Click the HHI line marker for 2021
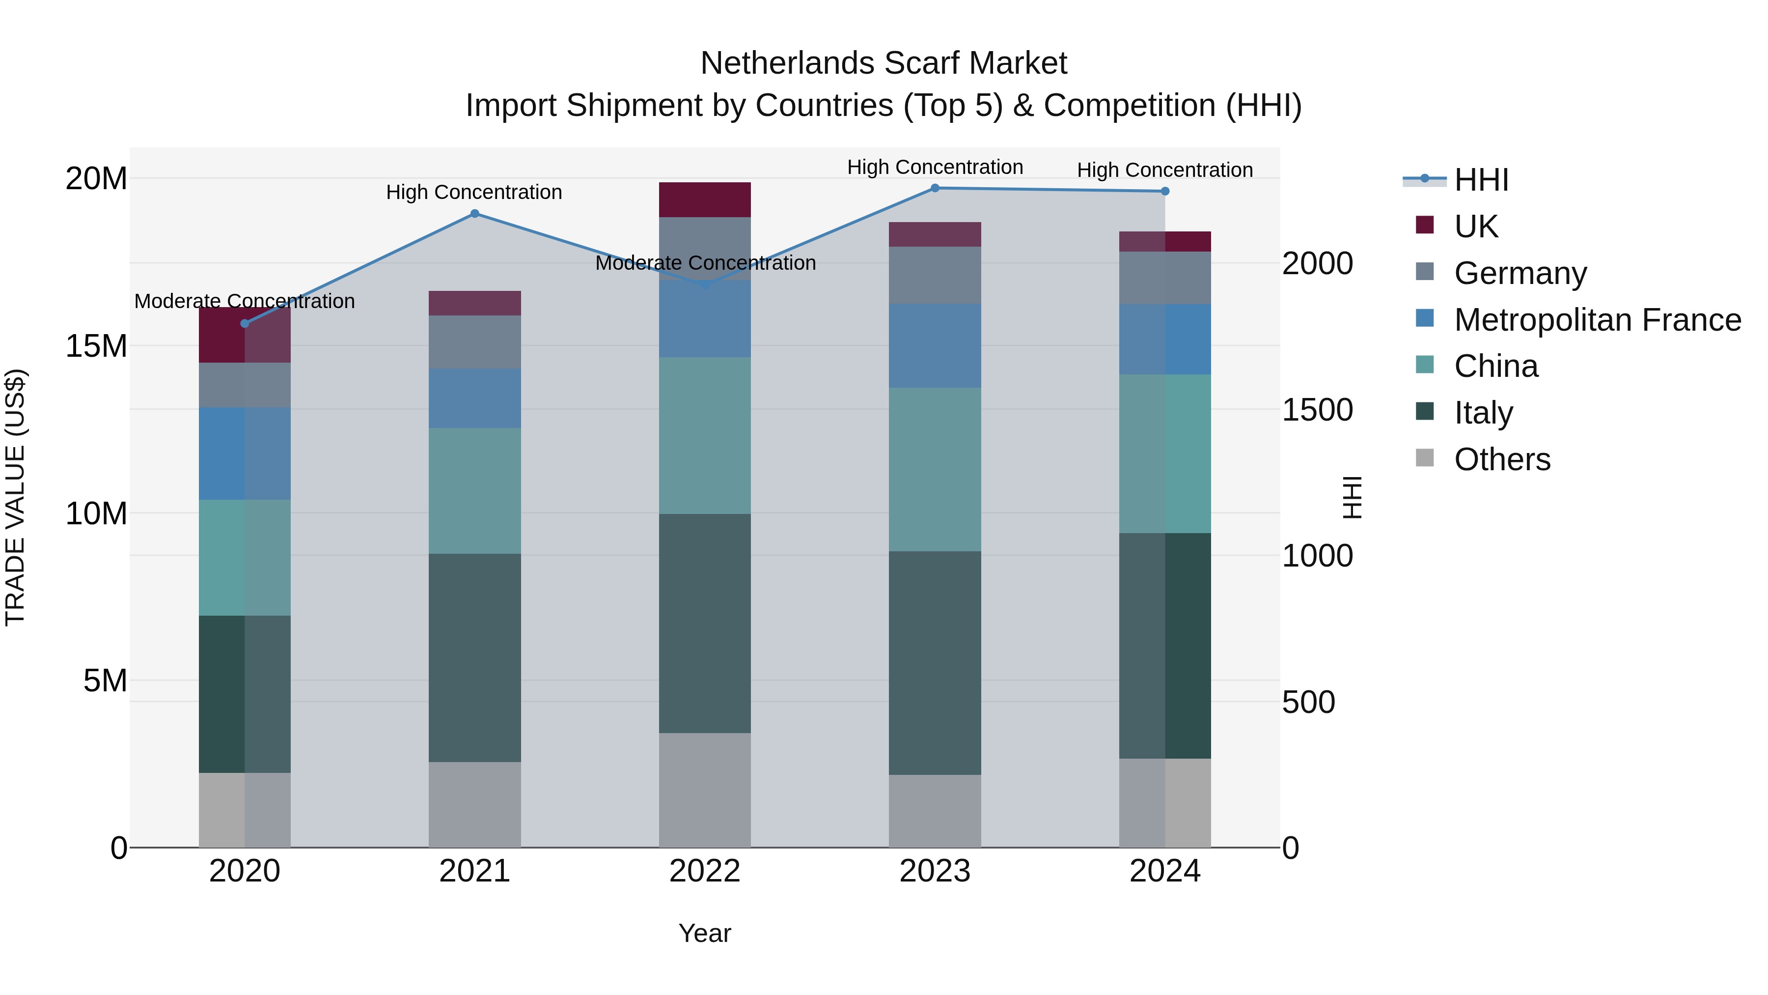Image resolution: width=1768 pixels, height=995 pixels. click(x=474, y=214)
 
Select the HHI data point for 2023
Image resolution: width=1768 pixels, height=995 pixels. click(x=935, y=188)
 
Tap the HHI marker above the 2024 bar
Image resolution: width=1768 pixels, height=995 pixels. click(x=1165, y=192)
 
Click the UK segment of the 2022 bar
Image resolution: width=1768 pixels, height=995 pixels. click(x=705, y=200)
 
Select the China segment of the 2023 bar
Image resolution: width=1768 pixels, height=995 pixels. click(x=935, y=469)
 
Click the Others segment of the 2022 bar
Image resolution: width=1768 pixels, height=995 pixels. click(x=705, y=790)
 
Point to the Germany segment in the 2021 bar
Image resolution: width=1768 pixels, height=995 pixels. click(x=474, y=342)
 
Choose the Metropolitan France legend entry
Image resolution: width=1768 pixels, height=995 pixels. click(x=1597, y=320)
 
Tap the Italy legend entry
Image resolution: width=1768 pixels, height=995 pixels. click(x=1483, y=413)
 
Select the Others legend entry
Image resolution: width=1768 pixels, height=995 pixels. click(x=1502, y=459)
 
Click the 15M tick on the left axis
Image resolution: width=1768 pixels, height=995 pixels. click(x=96, y=346)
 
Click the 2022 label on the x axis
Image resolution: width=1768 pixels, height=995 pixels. click(x=705, y=871)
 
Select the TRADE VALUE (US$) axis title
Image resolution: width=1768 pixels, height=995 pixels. click(x=15, y=497)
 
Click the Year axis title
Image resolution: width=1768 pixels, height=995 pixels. click(x=705, y=933)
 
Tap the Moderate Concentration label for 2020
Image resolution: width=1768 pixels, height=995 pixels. click(x=245, y=302)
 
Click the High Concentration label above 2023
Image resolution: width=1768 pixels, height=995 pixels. click(x=935, y=168)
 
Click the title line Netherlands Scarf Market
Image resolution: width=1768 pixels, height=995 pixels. click(x=884, y=63)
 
